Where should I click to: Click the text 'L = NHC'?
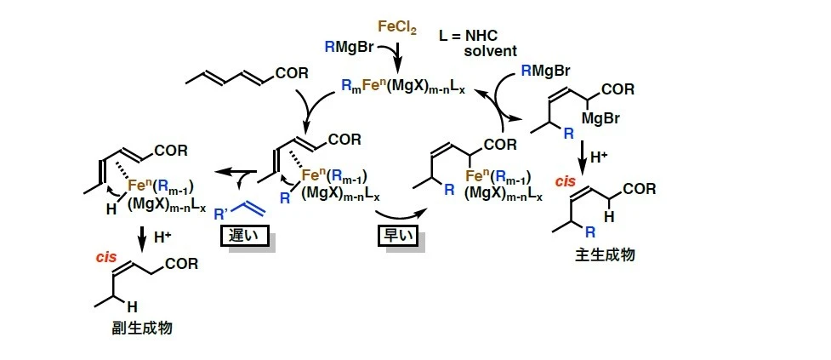coord(471,36)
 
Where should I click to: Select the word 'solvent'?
coord(491,51)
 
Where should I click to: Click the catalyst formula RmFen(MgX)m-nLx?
coord(398,83)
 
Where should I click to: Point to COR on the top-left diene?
coord(291,78)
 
